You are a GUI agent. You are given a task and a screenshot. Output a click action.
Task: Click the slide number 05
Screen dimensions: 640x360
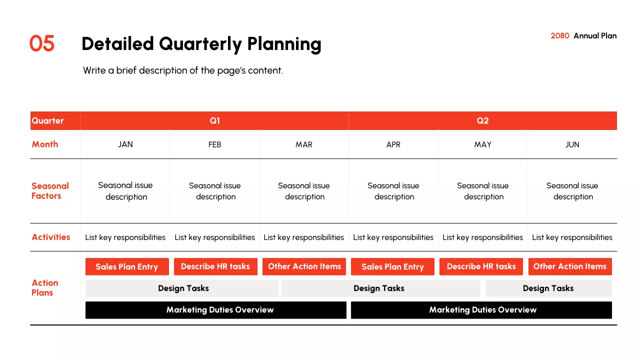(41, 43)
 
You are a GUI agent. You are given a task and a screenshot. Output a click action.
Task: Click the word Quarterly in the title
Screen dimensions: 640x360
(200, 44)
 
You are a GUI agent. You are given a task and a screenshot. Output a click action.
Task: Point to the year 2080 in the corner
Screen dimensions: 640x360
(559, 35)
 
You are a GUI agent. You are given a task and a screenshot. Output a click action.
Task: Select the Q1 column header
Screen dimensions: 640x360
(214, 120)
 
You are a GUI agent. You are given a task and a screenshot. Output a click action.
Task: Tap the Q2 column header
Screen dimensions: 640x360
(482, 120)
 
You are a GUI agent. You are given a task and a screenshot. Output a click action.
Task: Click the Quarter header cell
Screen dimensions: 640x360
(55, 120)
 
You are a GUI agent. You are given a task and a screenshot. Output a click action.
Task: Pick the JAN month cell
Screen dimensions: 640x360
(125, 144)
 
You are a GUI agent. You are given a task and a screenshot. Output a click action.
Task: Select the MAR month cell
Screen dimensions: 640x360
(303, 144)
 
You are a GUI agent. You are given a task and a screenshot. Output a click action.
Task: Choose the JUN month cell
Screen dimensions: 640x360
(572, 144)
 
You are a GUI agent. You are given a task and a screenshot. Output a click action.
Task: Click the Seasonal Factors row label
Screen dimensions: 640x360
(50, 191)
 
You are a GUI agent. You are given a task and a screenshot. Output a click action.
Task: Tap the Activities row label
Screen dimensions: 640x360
(51, 237)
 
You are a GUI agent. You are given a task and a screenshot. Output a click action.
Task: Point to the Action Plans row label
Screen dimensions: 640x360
(45, 287)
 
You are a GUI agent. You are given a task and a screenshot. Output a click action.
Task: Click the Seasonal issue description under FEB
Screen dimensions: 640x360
(215, 191)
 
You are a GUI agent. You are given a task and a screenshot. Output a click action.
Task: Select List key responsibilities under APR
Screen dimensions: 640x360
(393, 237)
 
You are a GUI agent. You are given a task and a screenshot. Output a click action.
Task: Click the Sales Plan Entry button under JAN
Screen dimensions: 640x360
(127, 266)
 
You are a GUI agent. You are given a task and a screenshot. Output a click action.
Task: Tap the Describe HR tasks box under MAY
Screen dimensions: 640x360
(481, 266)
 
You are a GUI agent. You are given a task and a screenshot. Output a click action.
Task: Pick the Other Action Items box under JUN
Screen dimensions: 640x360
(570, 266)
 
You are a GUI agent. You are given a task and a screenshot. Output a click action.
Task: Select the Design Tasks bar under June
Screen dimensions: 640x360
(548, 288)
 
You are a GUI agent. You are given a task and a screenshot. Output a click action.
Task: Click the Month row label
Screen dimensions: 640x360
(45, 144)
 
